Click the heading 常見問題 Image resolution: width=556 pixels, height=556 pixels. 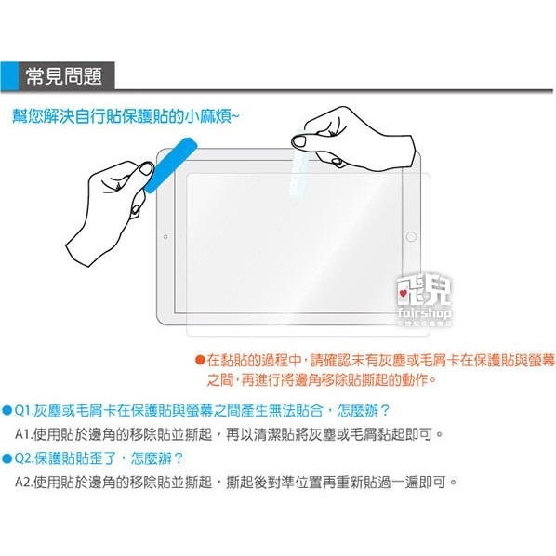pos(77,73)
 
